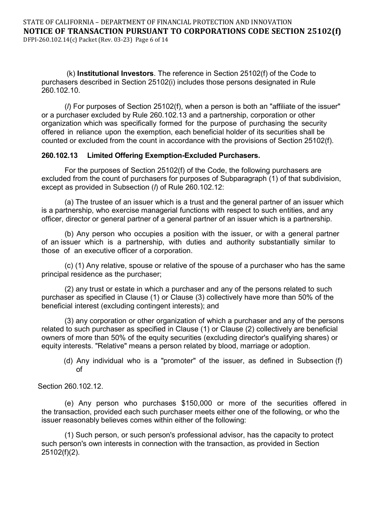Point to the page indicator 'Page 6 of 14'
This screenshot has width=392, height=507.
(151, 40)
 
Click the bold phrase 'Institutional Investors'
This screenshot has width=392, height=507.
(115, 74)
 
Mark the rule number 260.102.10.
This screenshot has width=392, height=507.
(61, 90)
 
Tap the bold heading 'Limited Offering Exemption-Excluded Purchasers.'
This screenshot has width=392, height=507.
(174, 155)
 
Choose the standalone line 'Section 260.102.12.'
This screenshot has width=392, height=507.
(71, 386)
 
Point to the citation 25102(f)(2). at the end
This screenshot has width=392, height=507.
(60, 452)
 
